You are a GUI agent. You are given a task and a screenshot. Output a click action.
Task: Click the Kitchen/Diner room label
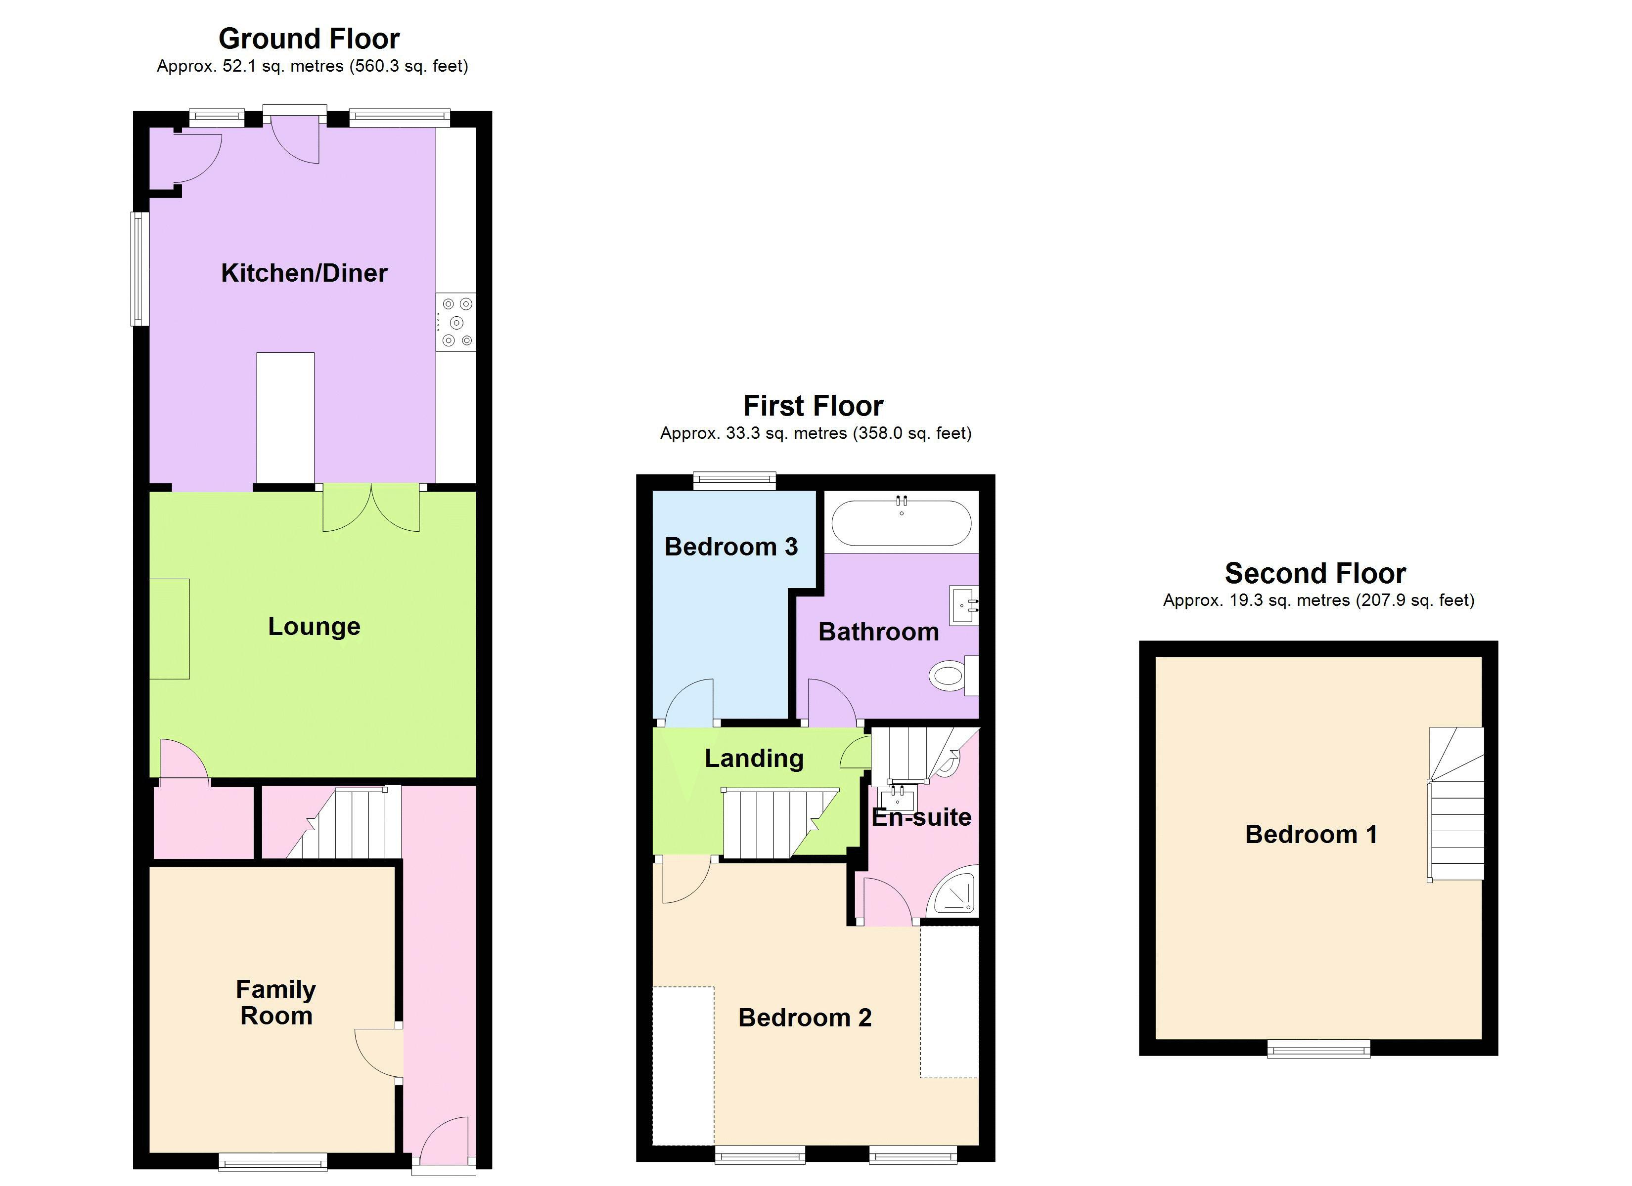[304, 273]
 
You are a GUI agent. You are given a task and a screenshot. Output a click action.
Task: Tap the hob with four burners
[455, 322]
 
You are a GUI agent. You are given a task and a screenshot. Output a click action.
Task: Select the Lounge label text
[314, 627]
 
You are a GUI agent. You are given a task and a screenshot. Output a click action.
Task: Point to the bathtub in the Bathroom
[901, 523]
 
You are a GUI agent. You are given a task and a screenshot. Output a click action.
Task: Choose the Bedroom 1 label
[1311, 834]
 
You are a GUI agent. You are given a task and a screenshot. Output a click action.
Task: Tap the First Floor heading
[813, 406]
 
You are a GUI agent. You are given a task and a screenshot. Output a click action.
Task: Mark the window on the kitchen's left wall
[138, 268]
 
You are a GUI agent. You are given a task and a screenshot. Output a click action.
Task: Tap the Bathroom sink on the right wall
[963, 605]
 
